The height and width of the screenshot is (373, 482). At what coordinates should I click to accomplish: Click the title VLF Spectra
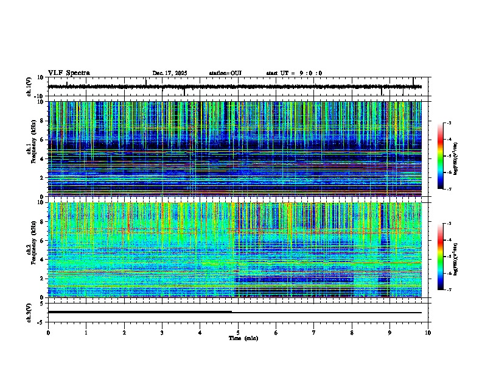[69, 73]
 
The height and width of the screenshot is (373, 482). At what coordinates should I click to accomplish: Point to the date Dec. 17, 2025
[170, 73]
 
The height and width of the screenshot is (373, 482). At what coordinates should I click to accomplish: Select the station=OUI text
[225, 73]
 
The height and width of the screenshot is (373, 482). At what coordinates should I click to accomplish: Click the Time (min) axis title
[243, 338]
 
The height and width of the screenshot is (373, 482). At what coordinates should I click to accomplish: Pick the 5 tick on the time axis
[238, 333]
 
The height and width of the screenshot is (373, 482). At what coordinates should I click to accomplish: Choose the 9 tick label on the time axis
[390, 333]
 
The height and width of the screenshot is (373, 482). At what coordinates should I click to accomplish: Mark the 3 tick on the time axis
[162, 333]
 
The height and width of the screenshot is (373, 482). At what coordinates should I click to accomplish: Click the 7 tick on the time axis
[314, 333]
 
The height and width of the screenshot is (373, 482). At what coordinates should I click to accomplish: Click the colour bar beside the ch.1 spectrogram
[446, 156]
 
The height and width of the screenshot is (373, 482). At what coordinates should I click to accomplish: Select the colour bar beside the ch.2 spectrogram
[446, 257]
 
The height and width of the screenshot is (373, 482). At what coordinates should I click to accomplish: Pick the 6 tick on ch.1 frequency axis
[43, 140]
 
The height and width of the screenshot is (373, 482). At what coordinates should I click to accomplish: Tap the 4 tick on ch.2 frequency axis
[43, 259]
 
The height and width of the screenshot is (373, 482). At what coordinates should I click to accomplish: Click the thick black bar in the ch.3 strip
[139, 311]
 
